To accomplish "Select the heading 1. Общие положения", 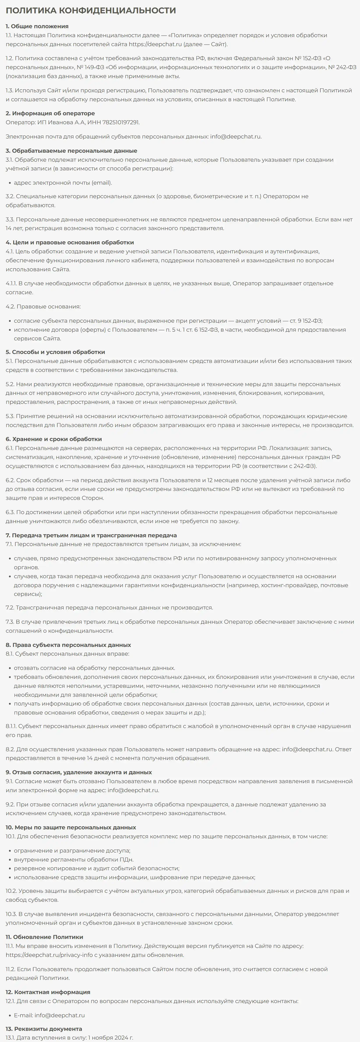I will point(37,26).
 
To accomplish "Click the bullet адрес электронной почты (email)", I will point(63,182).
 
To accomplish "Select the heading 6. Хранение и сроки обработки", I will point(54,439).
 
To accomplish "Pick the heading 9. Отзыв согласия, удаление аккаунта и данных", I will point(79,772).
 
